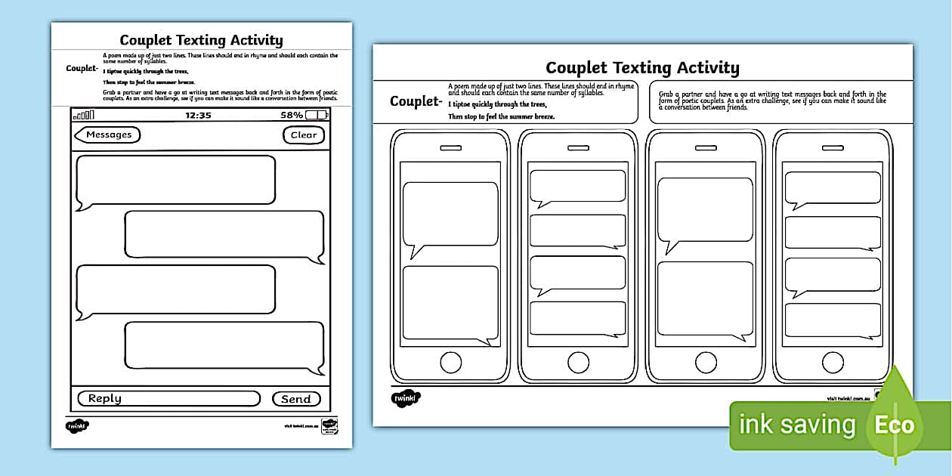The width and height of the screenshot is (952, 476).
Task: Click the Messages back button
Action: pyautogui.click(x=107, y=135)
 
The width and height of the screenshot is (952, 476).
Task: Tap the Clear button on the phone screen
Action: pyautogui.click(x=304, y=135)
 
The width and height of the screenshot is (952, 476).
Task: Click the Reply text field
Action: pyautogui.click(x=168, y=399)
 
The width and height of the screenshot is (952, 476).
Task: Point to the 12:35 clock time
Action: pyautogui.click(x=198, y=116)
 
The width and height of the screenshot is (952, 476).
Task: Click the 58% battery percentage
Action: pyautogui.click(x=292, y=116)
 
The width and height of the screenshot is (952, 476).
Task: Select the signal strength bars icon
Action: pyautogui.click(x=84, y=116)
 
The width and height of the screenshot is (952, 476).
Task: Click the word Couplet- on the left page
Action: pyautogui.click(x=82, y=69)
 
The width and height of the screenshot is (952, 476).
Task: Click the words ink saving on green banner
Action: pyautogui.click(x=797, y=425)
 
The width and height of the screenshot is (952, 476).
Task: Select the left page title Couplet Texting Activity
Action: pyautogui.click(x=201, y=40)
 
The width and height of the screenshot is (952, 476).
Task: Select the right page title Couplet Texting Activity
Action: pyautogui.click(x=642, y=68)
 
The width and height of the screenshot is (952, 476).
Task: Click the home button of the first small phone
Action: pyautogui.click(x=450, y=362)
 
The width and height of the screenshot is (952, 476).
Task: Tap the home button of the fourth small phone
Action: pyautogui.click(x=833, y=362)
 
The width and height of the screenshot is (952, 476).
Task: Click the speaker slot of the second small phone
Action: pyautogui.click(x=578, y=148)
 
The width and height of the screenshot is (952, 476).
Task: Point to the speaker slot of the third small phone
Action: pyautogui.click(x=706, y=148)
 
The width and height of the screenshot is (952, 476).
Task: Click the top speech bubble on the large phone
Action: pyautogui.click(x=175, y=180)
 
